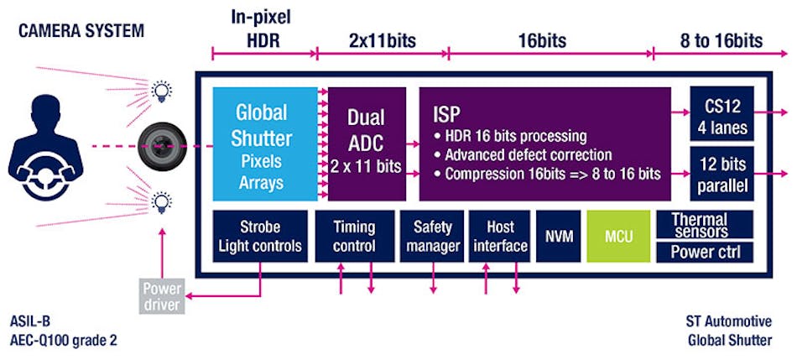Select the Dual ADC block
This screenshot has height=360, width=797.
(367, 143)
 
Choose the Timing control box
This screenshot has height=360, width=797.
(354, 236)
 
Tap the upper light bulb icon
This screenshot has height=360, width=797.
(159, 90)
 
